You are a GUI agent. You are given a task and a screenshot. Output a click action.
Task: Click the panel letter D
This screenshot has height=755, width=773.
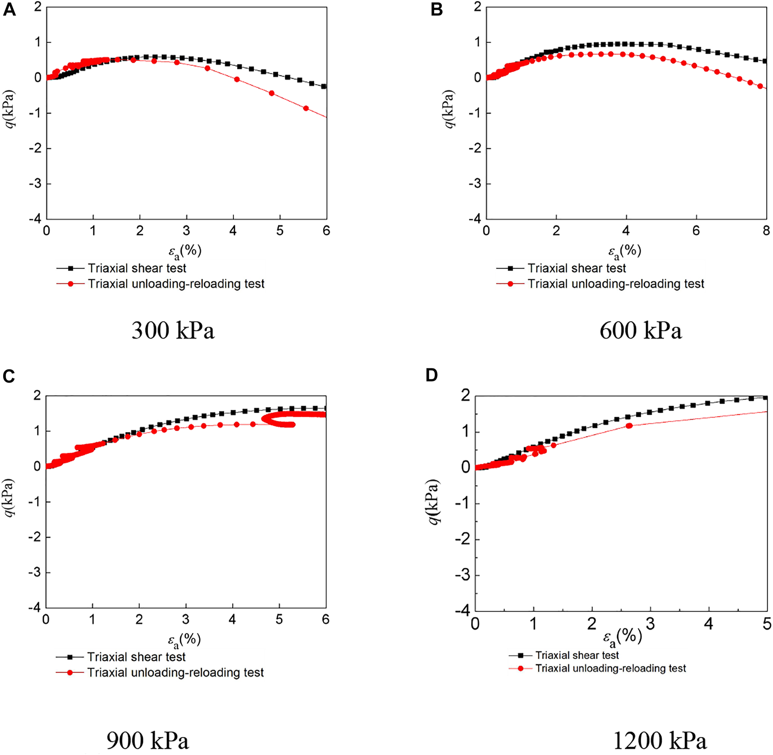pyautogui.click(x=432, y=375)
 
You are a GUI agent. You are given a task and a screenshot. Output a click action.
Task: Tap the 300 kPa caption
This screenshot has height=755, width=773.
pyautogui.click(x=173, y=331)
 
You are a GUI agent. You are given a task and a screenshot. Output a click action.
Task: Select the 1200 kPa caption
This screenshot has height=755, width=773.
pyautogui.click(x=660, y=741)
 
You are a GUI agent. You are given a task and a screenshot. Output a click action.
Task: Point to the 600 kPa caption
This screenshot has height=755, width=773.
pyautogui.click(x=640, y=331)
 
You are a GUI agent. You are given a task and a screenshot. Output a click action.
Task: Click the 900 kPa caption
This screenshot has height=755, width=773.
pyautogui.click(x=148, y=741)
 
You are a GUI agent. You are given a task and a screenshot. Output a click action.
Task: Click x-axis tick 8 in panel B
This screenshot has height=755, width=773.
pyautogui.click(x=766, y=231)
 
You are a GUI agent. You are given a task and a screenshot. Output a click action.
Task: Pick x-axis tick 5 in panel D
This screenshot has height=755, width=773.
pyautogui.click(x=767, y=624)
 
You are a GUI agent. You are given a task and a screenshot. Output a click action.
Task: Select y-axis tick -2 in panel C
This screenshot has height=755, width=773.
pyautogui.click(x=36, y=537)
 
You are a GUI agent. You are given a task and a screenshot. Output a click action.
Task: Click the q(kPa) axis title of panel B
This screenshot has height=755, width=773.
pyautogui.click(x=449, y=109)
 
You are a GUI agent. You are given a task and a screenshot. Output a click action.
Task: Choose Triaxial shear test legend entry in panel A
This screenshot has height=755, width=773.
pyautogui.click(x=137, y=268)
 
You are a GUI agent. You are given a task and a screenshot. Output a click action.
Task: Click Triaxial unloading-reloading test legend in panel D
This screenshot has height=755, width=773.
pyautogui.click(x=610, y=668)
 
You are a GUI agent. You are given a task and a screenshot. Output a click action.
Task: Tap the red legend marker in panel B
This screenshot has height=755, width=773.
pyautogui.click(x=510, y=284)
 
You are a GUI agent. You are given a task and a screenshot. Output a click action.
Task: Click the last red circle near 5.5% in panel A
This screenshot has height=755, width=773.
pyautogui.click(x=306, y=108)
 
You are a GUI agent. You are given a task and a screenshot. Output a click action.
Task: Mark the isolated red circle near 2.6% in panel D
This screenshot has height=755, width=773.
pyautogui.click(x=629, y=426)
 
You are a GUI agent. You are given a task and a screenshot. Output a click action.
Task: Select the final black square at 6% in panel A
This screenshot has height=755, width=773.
pyautogui.click(x=324, y=86)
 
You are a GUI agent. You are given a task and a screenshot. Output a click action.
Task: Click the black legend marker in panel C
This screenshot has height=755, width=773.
pyautogui.click(x=69, y=657)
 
